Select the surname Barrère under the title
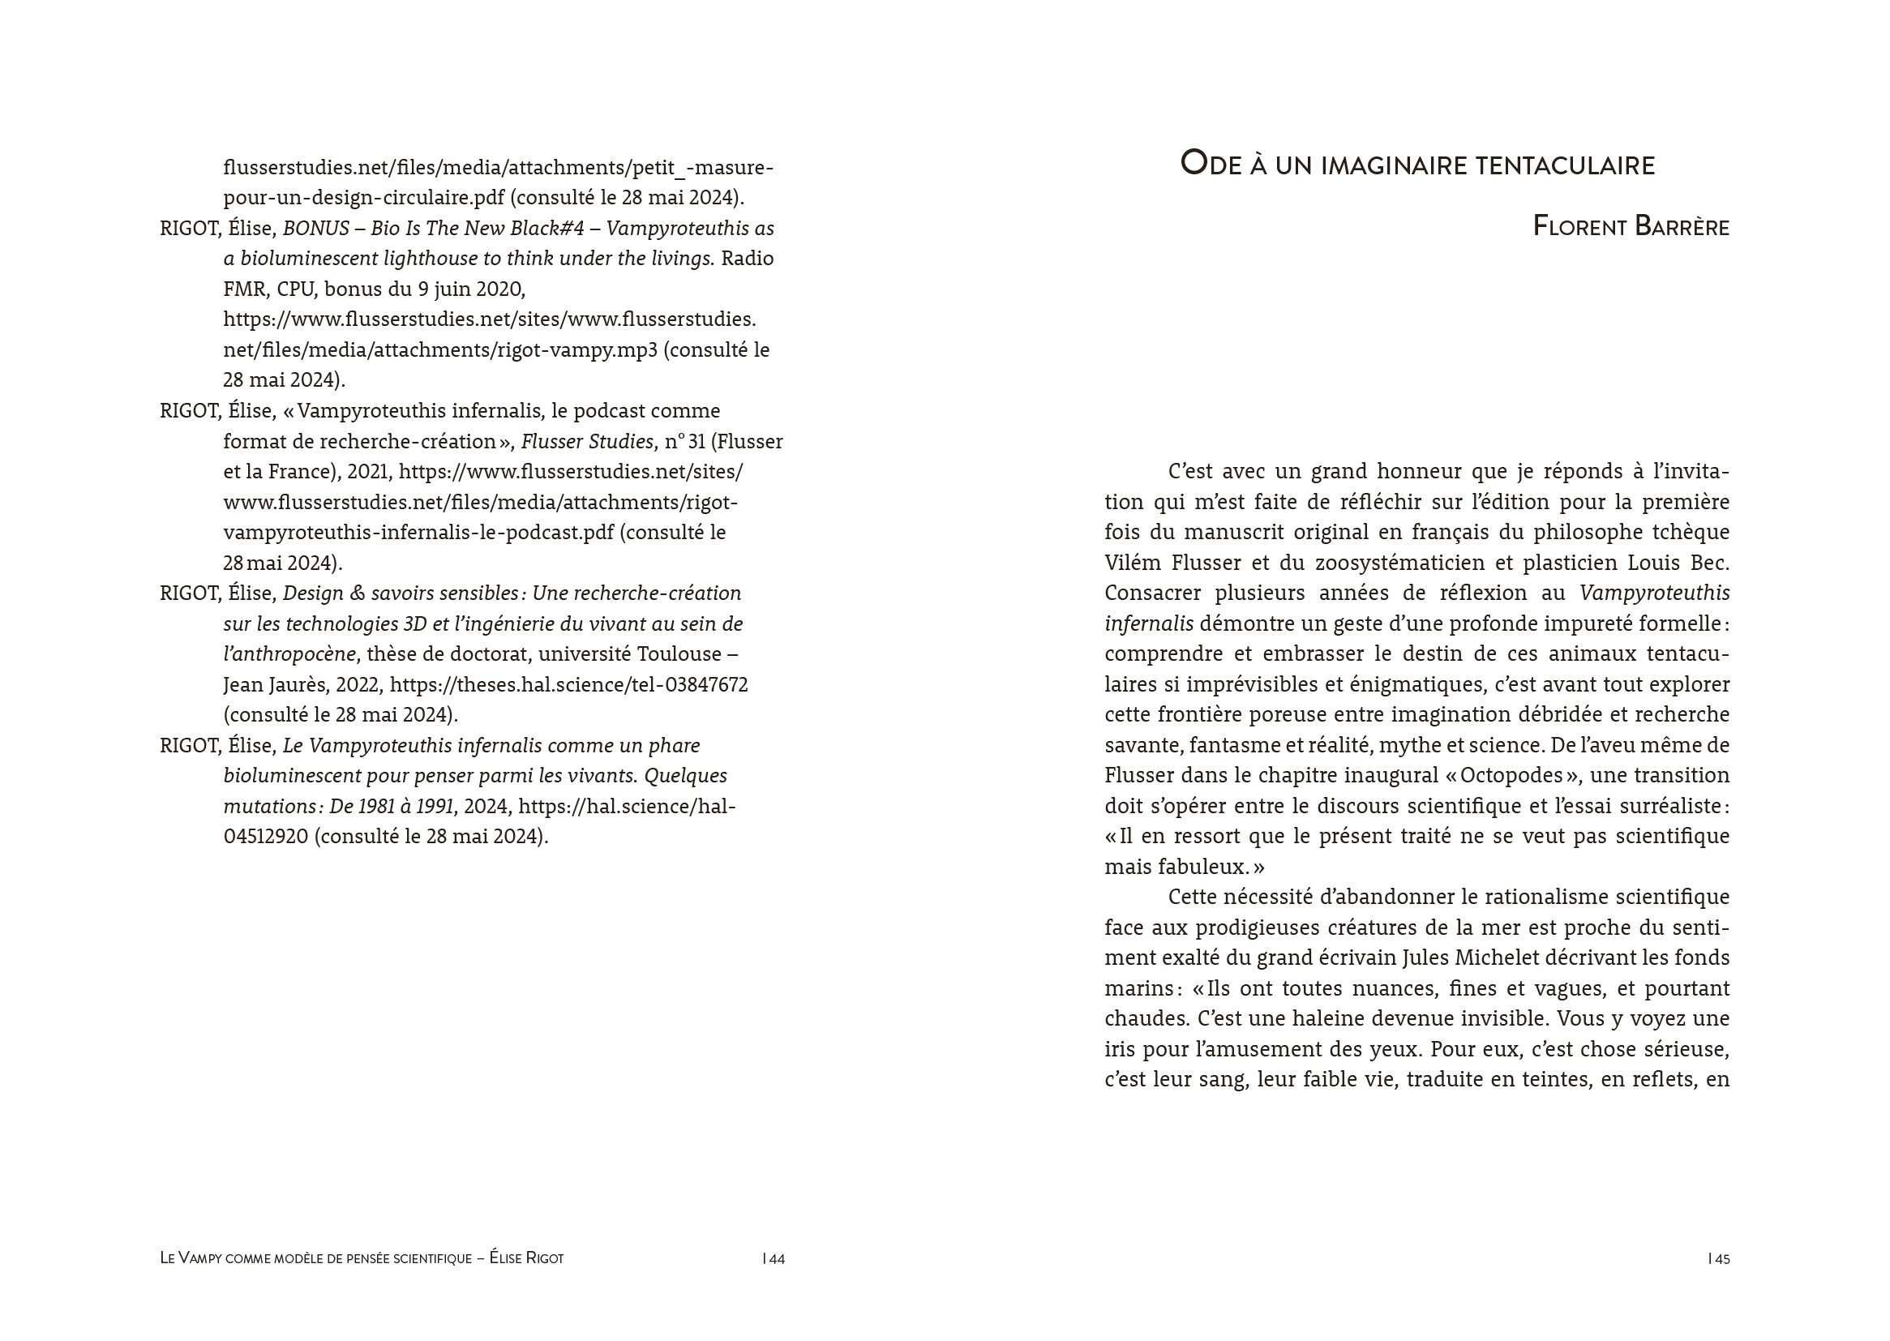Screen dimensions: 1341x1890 click(1681, 227)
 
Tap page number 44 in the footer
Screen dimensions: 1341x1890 click(776, 1259)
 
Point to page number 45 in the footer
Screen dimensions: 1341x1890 click(1721, 1259)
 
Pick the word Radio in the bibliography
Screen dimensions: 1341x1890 click(748, 259)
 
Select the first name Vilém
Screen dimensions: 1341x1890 click(1134, 563)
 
